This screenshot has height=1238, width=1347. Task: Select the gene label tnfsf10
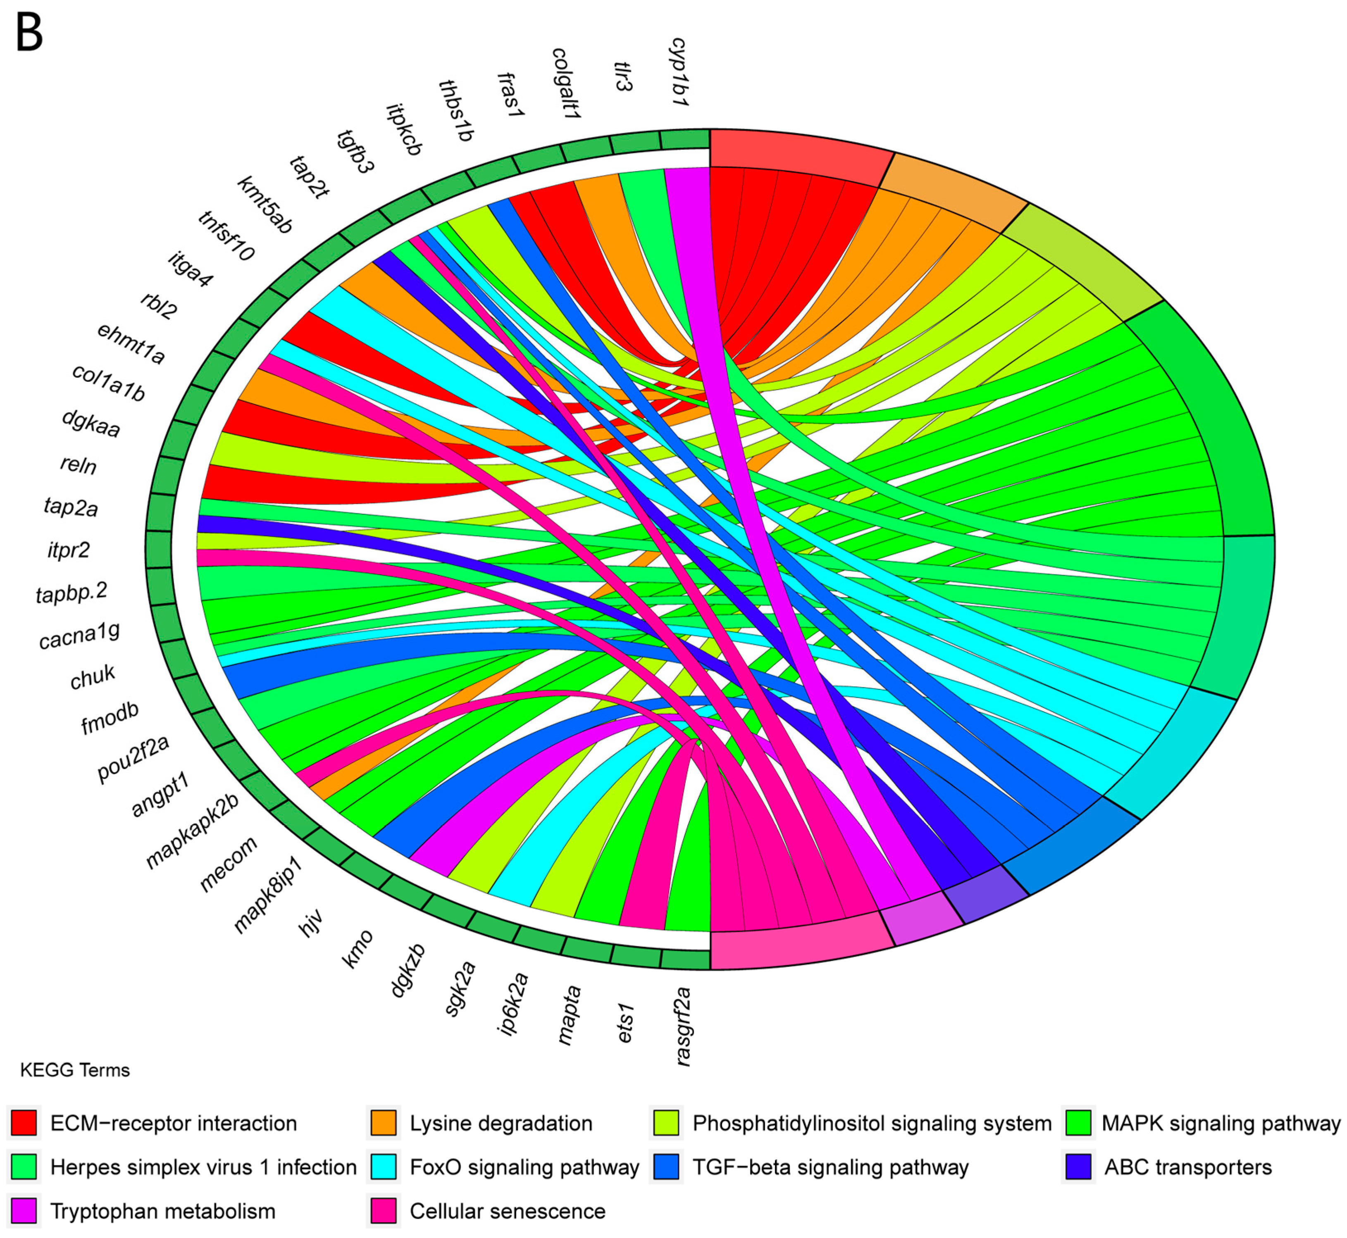(x=226, y=236)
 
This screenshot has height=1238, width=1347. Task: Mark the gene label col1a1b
(x=109, y=383)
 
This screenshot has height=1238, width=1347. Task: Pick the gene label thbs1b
(x=456, y=111)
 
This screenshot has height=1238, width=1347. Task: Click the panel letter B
(x=29, y=33)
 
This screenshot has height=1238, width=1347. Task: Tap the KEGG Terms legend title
(x=75, y=1070)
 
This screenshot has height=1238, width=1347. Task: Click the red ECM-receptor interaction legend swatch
(x=24, y=1123)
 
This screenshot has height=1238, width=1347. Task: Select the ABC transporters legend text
(x=1187, y=1167)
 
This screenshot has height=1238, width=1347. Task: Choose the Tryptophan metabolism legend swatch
(x=24, y=1211)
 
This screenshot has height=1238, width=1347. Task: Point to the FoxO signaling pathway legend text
(x=524, y=1167)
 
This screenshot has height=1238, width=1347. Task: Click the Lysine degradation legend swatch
(x=383, y=1123)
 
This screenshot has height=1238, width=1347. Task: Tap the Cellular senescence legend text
(x=507, y=1211)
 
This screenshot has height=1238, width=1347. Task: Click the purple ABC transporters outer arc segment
(x=985, y=896)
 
